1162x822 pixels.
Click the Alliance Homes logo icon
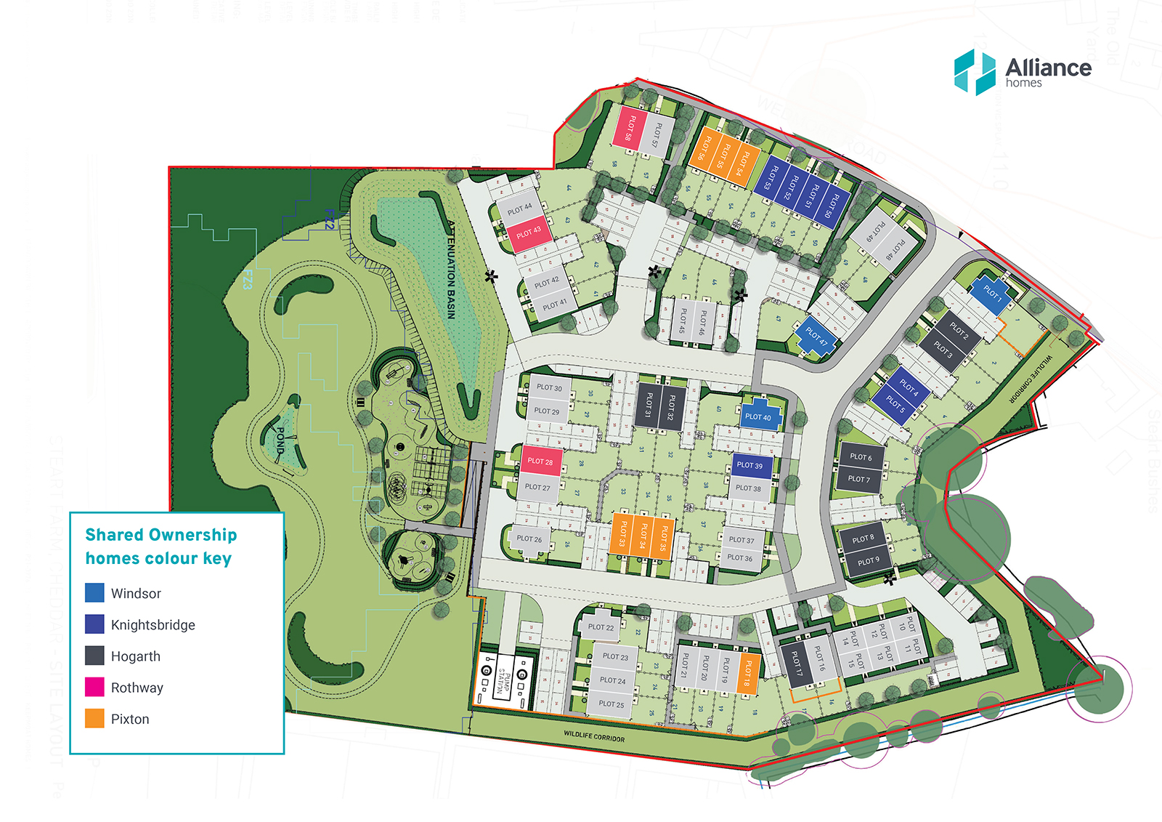(x=974, y=72)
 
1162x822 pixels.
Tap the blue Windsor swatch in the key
(x=94, y=593)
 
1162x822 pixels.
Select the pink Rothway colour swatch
(x=94, y=687)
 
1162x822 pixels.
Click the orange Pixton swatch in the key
(x=94, y=719)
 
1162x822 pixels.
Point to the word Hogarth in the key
(x=135, y=656)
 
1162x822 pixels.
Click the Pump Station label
(x=504, y=682)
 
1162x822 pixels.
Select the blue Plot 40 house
(x=759, y=415)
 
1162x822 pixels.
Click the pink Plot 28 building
(x=540, y=461)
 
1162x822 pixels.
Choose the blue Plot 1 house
(x=992, y=294)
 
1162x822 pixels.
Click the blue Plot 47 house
(x=817, y=336)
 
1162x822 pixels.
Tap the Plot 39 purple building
(x=749, y=465)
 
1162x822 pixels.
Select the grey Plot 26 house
(x=529, y=539)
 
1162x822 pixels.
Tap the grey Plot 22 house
(x=601, y=626)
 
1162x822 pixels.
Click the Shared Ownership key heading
(x=161, y=547)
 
